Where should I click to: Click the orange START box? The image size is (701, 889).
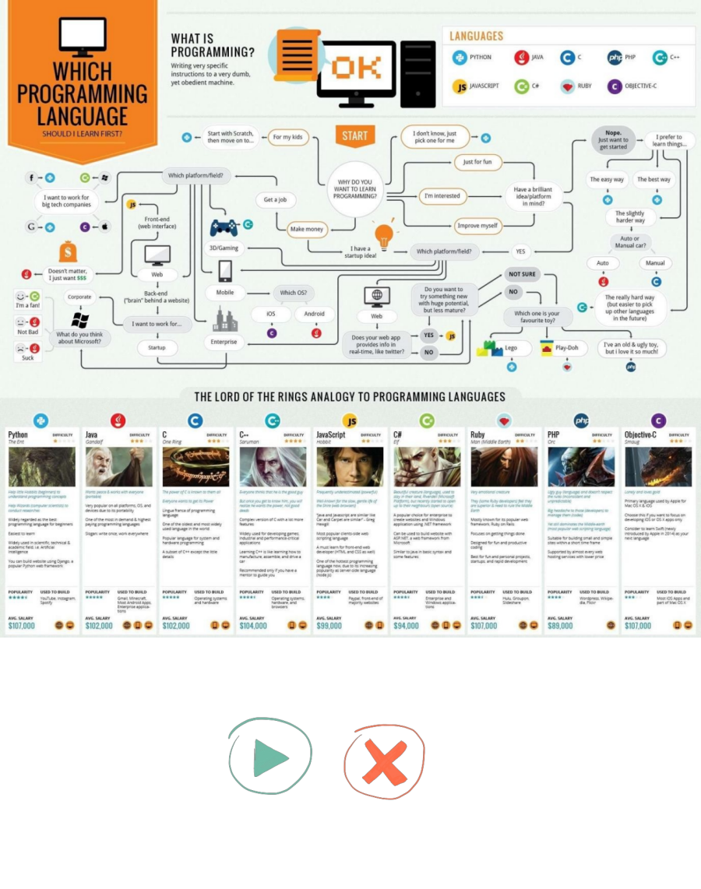tap(354, 135)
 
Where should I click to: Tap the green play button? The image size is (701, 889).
tap(269, 757)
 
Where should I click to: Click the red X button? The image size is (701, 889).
tap(385, 762)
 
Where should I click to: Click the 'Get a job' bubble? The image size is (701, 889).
tap(275, 200)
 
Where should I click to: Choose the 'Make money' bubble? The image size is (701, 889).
tap(307, 230)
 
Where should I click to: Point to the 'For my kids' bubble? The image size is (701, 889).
tap(287, 138)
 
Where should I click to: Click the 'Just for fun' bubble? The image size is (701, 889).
tap(477, 162)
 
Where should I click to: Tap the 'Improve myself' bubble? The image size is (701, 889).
tap(477, 226)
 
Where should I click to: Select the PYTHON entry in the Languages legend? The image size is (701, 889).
tap(473, 58)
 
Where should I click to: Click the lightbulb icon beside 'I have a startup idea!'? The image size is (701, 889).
tap(382, 234)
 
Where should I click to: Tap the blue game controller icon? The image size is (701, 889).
tap(224, 228)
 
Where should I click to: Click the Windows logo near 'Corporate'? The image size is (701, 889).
tap(79, 319)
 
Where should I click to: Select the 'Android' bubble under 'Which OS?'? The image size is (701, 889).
tap(315, 314)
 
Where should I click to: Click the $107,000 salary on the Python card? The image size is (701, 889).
tap(22, 626)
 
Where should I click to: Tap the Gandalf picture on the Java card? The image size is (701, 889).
tap(118, 467)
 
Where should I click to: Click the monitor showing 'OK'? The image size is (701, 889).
tap(355, 69)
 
